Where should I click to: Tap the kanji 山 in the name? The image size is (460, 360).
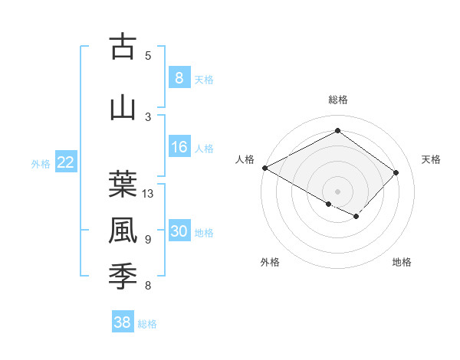pyautogui.click(x=123, y=107)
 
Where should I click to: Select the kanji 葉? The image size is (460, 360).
pyautogui.click(x=123, y=184)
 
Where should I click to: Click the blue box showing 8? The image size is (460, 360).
pyautogui.click(x=179, y=77)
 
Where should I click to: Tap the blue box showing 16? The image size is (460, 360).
pyautogui.click(x=179, y=148)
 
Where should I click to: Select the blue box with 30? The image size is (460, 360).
pyautogui.click(x=179, y=232)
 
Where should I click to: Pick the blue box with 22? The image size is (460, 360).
pyautogui.click(x=66, y=162)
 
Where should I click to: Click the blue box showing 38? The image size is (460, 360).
pyautogui.click(x=123, y=322)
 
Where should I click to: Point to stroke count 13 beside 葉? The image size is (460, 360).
pyautogui.click(x=148, y=194)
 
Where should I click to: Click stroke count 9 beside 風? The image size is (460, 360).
pyautogui.click(x=148, y=240)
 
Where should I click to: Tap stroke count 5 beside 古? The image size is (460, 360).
pyautogui.click(x=148, y=55)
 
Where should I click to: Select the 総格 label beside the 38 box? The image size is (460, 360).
pyautogui.click(x=147, y=324)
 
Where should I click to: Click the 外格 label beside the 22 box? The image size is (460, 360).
pyautogui.click(x=41, y=163)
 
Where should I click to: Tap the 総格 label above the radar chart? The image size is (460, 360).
pyautogui.click(x=337, y=100)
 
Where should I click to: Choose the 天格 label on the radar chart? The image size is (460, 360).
pyautogui.click(x=431, y=159)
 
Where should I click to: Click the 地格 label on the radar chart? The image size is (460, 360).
pyautogui.click(x=402, y=262)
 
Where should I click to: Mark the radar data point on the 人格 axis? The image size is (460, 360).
pyautogui.click(x=264, y=168)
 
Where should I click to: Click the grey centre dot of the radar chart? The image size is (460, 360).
pyautogui.click(x=337, y=191)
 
